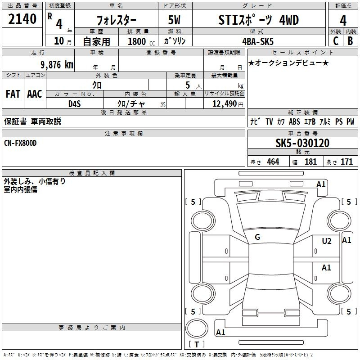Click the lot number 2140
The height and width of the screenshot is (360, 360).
[x=22, y=19]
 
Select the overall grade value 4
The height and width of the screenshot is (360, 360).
[x=343, y=21]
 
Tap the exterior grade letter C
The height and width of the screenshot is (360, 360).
[x=336, y=41]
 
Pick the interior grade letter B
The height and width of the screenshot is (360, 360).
[x=350, y=41]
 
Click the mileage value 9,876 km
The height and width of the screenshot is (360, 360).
[x=57, y=65]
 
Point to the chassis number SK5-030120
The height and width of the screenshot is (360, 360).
[x=302, y=143]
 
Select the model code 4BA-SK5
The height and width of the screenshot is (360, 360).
[x=258, y=41]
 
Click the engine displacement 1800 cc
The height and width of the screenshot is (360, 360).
[x=141, y=41]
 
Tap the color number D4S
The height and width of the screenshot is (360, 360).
[x=75, y=104]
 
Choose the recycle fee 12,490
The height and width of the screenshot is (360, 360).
[x=225, y=104]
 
